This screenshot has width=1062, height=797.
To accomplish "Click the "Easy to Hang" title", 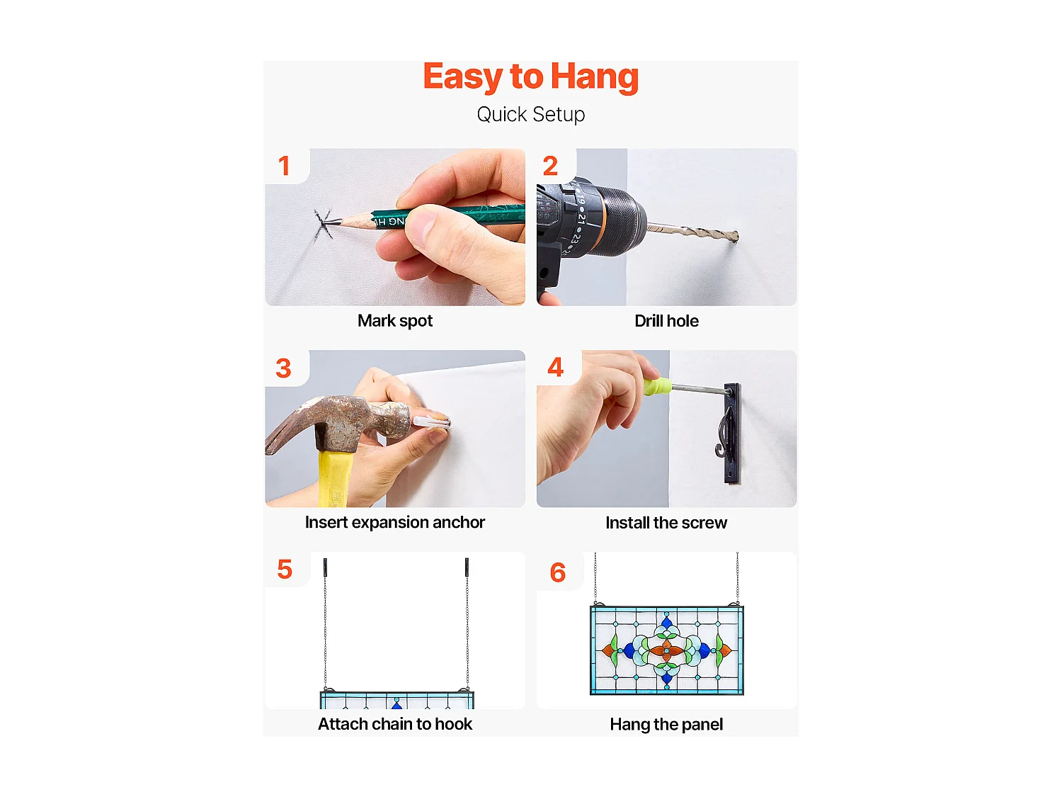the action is coord(531,77).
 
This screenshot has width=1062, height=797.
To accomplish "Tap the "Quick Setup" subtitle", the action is coord(531,115).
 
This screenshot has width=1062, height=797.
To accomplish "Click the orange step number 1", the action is coord(284,166).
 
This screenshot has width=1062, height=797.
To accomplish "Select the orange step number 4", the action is coord(556,367).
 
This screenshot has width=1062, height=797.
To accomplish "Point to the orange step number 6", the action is coord(557,572).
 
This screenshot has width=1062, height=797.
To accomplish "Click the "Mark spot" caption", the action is coord(395,321).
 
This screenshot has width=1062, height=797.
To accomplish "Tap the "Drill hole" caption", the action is coord(666,321).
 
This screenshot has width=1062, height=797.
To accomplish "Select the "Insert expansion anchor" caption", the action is coord(395,523).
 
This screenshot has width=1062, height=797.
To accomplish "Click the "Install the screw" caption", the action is coord(666,523).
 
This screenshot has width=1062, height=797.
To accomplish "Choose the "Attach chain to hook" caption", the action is coord(395,724).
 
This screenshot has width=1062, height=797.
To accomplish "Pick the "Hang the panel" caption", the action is coord(666,725).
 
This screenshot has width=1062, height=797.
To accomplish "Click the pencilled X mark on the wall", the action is coord(323,223).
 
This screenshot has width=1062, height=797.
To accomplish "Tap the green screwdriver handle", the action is coord(657,385).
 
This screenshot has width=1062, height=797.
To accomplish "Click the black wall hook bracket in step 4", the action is coord(731,433).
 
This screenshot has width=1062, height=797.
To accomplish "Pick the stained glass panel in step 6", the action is coord(667,650).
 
